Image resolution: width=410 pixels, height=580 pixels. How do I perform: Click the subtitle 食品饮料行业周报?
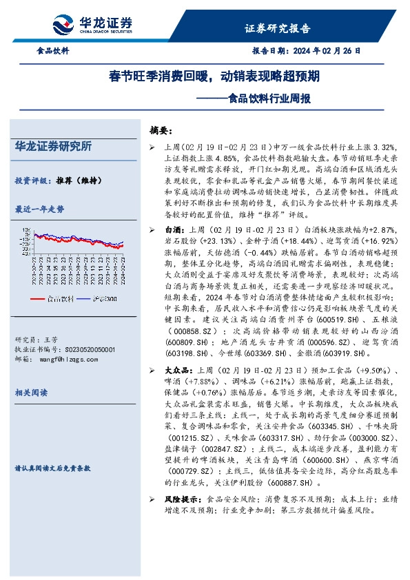pos(268,98)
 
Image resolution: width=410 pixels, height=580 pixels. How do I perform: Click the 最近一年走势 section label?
pos(39,209)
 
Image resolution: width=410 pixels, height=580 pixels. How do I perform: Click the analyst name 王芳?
pos(50,340)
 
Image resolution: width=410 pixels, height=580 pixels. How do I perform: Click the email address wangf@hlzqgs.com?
pos(70,358)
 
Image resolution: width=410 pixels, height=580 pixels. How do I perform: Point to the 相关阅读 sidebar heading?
pos(31,392)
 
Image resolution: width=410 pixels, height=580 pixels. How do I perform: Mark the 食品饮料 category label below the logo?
pos(52,51)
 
